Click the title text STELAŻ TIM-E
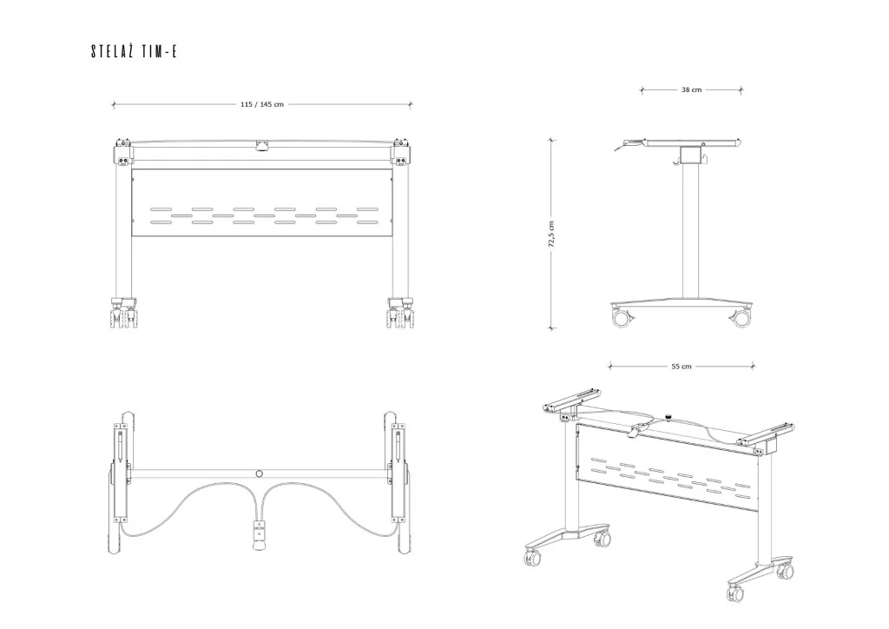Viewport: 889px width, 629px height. tap(134, 52)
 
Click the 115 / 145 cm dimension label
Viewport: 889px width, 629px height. tap(261, 104)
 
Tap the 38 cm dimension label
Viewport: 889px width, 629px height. tap(691, 89)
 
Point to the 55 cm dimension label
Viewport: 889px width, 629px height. tap(682, 367)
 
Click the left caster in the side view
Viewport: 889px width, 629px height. tap(622, 318)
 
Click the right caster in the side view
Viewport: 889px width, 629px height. tap(741, 318)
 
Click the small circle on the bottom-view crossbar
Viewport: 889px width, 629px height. tap(259, 473)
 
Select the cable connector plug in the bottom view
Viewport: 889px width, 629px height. tap(257, 533)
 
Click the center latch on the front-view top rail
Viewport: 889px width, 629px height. tap(260, 145)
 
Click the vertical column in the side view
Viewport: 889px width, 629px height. tap(689, 230)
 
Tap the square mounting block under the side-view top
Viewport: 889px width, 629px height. tap(689, 155)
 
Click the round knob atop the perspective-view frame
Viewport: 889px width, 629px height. tap(669, 417)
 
